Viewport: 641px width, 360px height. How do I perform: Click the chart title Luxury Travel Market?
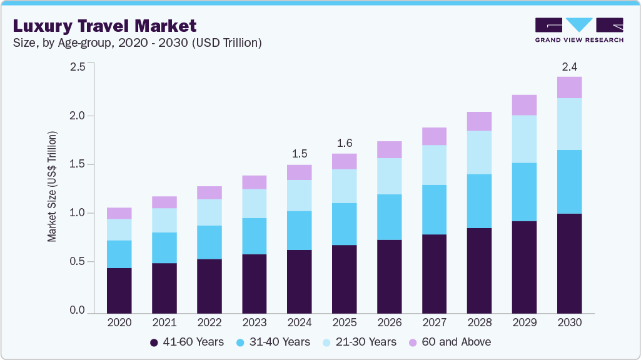tap(104, 26)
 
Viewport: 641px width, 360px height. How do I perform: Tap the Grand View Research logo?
tap(578, 29)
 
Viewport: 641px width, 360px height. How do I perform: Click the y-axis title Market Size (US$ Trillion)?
tap(53, 187)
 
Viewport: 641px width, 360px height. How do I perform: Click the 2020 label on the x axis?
tap(119, 323)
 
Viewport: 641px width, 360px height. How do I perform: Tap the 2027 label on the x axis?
tap(434, 323)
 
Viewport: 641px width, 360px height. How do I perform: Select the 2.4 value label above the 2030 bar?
tap(569, 66)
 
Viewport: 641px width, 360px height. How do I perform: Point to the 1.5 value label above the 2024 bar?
tap(299, 153)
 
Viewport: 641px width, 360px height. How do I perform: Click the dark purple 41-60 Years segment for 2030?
tap(569, 263)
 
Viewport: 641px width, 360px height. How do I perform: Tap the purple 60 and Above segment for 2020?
tap(119, 213)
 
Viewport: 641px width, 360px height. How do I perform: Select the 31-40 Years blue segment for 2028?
tap(479, 201)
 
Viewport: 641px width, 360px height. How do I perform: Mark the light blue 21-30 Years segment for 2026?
tap(389, 176)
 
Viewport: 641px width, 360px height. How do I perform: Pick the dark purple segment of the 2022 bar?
tap(209, 286)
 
